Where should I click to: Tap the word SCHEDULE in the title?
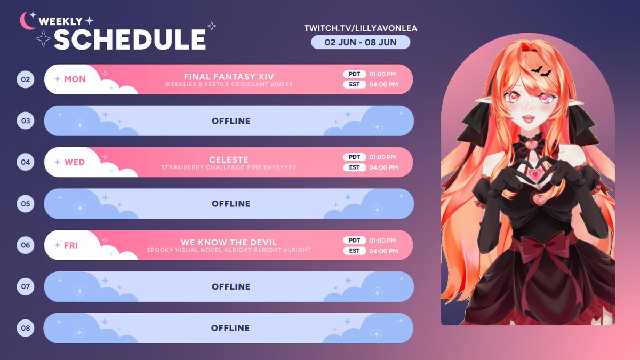(130, 39)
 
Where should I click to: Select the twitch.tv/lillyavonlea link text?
(360, 28)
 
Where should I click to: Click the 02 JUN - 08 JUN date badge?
(361, 42)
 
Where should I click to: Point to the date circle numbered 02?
(26, 79)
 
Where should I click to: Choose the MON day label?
(75, 79)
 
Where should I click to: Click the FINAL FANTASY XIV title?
(229, 76)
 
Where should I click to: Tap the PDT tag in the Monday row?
(354, 74)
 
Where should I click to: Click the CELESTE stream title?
(229, 159)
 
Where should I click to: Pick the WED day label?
(75, 162)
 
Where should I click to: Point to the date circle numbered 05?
(26, 204)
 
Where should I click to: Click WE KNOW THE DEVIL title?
(229, 242)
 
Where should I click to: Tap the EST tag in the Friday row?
(354, 251)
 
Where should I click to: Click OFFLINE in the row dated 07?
(231, 287)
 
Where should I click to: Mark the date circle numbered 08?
(26, 328)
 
